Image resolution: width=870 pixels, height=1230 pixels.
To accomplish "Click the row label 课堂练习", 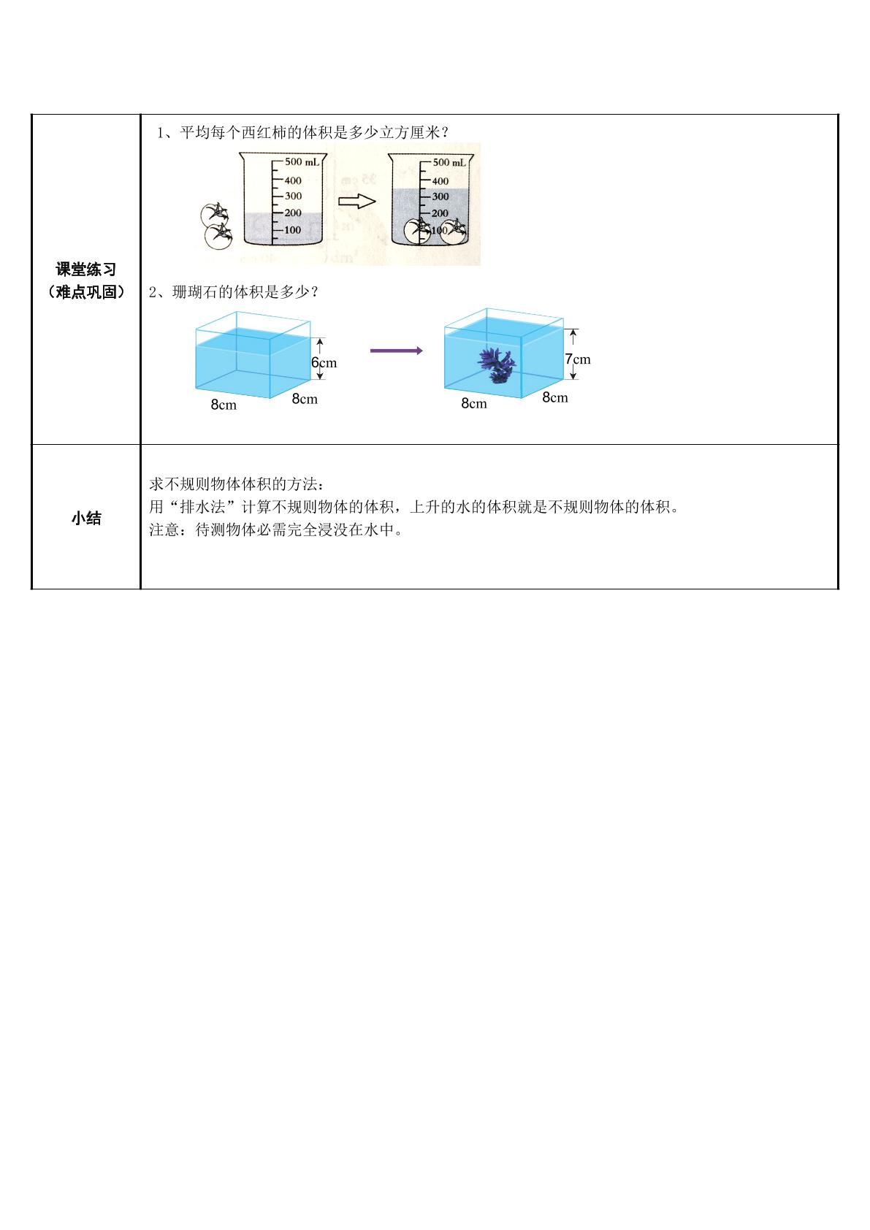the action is coord(86,269).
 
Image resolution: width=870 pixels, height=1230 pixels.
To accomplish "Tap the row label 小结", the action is coord(86,518).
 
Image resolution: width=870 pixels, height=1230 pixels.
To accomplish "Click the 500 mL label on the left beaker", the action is coord(302,161).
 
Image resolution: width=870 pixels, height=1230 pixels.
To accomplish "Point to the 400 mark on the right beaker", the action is coord(440,180).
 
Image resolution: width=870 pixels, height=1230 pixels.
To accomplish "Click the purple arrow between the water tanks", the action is coord(397,351).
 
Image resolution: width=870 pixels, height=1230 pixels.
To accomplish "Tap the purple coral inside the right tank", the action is coord(497,364).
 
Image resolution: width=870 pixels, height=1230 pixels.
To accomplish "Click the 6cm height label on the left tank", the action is coord(324,362).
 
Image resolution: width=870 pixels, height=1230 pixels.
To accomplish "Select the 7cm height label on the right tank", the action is coord(578,359).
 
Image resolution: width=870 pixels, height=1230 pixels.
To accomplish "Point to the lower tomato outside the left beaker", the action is coord(218,236).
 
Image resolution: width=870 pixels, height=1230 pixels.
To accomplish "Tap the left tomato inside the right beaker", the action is coord(417,232).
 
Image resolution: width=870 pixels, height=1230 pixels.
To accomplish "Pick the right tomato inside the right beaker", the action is coord(454,232).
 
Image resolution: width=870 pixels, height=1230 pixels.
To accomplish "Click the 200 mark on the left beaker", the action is coord(293,213).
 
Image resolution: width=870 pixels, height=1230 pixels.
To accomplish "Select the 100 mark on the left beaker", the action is coord(293,230).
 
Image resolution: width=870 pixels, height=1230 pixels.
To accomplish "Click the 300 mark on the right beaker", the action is coord(440,196).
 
